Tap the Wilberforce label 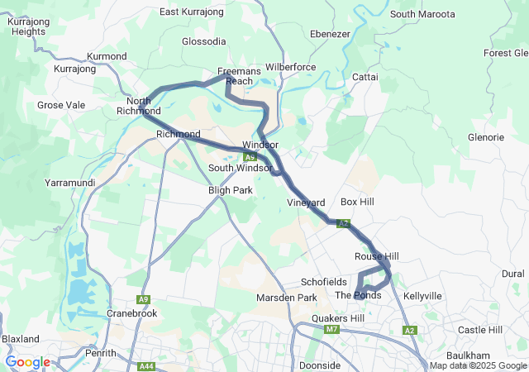[291, 66]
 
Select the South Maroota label [422, 14]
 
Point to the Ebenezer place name [331, 34]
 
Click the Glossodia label [203, 41]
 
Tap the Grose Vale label [61, 105]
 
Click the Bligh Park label [230, 189]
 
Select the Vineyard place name [306, 203]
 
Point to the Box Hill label [357, 202]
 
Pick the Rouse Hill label [376, 256]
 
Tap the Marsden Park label [287, 298]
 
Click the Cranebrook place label [132, 313]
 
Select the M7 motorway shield [332, 330]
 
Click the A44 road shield [147, 366]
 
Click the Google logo [27, 362]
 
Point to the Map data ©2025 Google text [478, 366]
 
